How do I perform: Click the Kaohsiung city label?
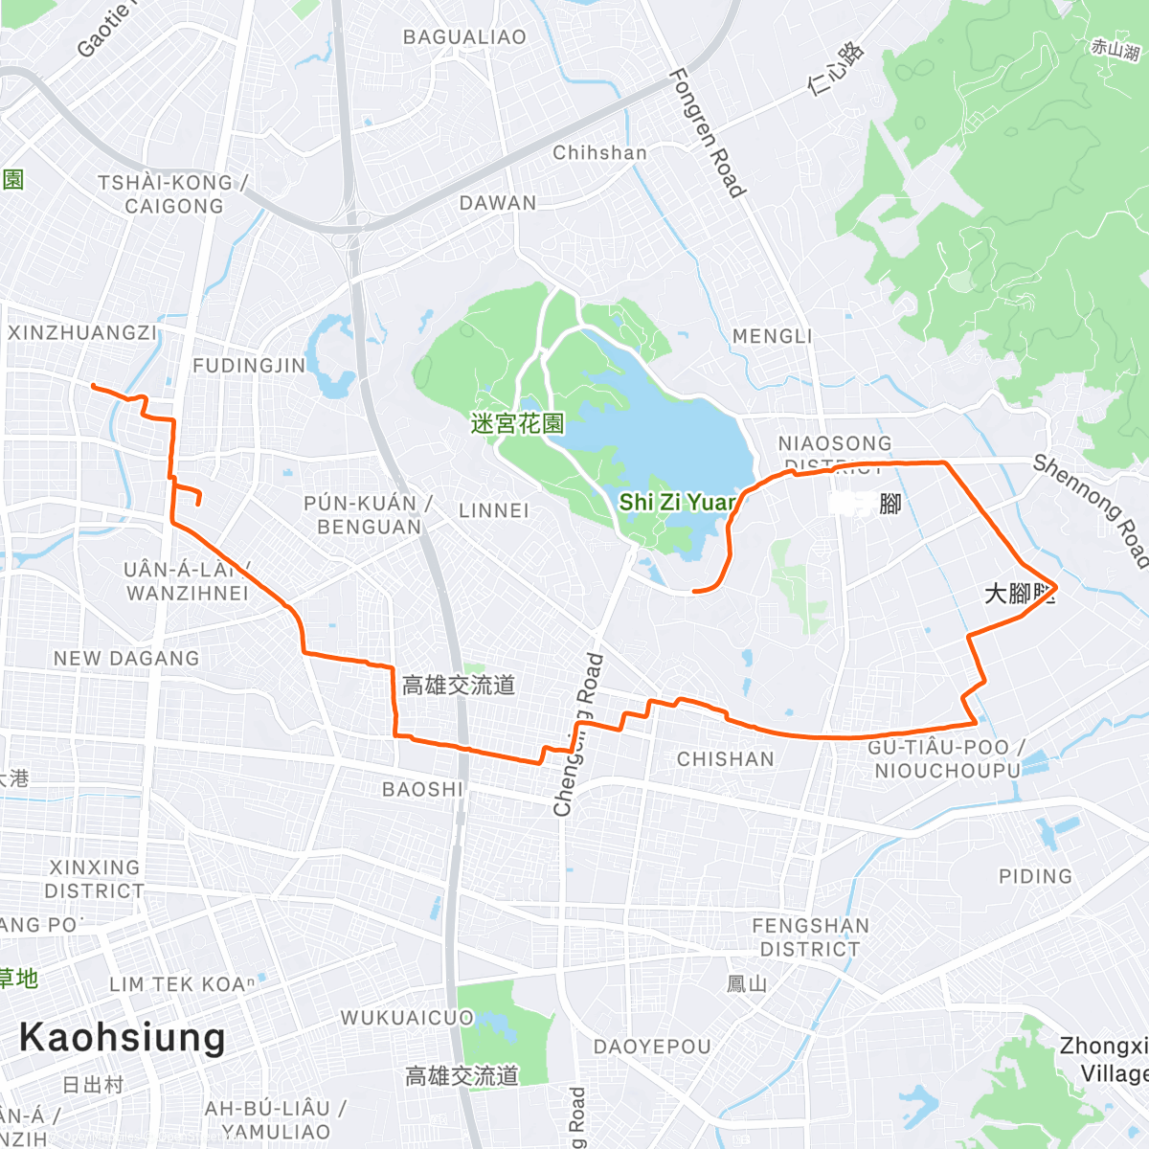(x=122, y=1038)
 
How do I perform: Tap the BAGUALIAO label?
(x=464, y=37)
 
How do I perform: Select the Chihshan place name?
(x=599, y=153)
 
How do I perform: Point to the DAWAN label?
(x=498, y=203)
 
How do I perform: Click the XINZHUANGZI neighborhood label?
(x=81, y=333)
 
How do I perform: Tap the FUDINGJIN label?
(x=249, y=366)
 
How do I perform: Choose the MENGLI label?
(x=772, y=336)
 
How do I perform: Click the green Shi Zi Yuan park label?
(x=677, y=503)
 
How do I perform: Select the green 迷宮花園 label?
(x=517, y=423)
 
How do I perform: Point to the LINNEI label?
(x=493, y=510)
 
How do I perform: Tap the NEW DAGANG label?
(x=126, y=659)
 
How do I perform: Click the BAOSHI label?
(x=422, y=789)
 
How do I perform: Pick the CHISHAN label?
(x=725, y=759)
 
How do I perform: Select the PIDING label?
(x=1035, y=876)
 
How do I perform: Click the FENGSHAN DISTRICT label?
(x=810, y=937)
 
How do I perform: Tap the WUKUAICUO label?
(x=407, y=1018)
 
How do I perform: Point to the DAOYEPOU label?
(x=652, y=1047)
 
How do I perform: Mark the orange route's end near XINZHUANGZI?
(x=93, y=386)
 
